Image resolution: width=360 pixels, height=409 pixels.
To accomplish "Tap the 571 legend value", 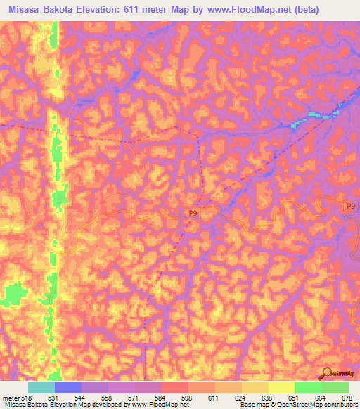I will click(139, 398).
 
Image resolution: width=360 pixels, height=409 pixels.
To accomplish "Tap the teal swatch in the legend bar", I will click(41, 387).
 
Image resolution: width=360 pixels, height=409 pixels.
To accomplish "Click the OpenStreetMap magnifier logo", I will click(326, 373).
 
